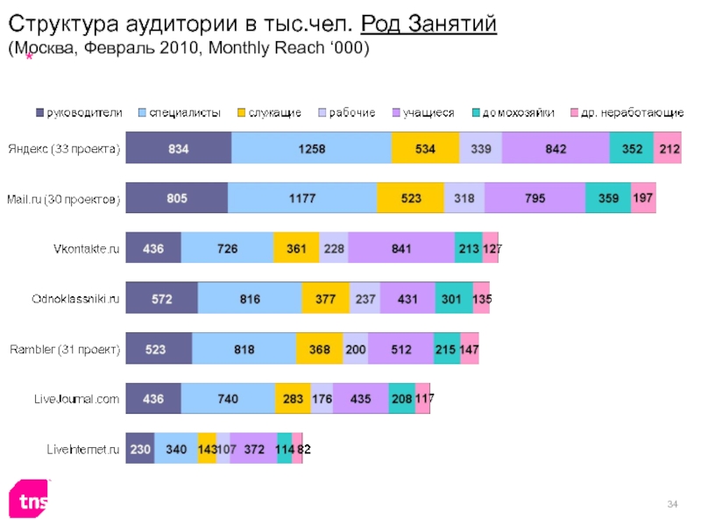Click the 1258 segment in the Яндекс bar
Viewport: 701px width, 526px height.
311,149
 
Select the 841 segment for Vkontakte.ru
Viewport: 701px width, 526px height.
401,249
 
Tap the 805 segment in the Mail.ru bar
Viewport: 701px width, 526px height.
177,199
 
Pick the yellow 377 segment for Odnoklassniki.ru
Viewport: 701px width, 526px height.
325,299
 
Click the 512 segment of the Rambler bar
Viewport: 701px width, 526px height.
400,349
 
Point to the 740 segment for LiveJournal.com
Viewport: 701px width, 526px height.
228,399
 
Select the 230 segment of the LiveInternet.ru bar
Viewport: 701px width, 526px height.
140,449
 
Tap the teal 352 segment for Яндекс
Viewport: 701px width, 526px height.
631,149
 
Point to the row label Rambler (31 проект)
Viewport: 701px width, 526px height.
64,350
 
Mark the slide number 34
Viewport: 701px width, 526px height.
673,502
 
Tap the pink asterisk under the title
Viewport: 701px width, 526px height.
28,57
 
